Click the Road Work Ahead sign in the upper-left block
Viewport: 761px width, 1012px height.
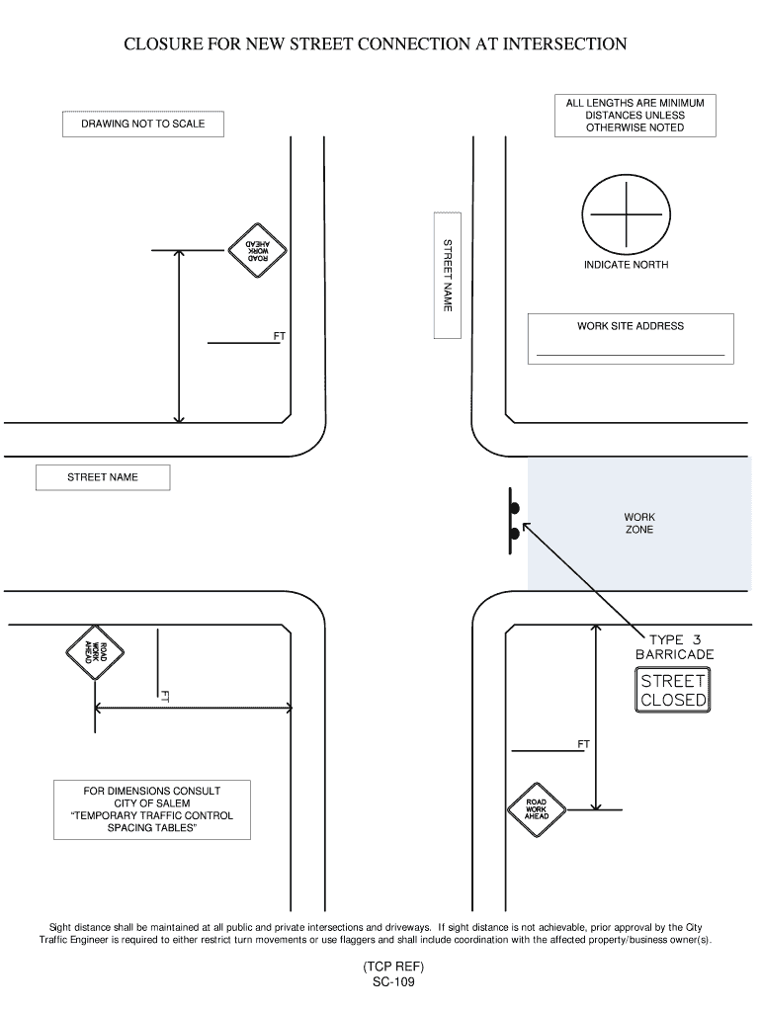(x=257, y=250)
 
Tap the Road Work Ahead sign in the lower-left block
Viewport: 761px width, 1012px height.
(x=95, y=652)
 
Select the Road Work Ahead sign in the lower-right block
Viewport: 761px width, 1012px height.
(x=537, y=809)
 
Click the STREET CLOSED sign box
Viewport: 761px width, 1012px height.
(x=673, y=691)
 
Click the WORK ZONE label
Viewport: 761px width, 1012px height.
(x=639, y=524)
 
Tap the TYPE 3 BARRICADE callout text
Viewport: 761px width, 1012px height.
(x=674, y=646)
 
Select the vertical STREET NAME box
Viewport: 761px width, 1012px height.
(x=448, y=275)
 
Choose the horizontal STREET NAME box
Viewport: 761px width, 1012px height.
(x=103, y=477)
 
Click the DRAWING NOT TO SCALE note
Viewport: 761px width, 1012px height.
(x=142, y=124)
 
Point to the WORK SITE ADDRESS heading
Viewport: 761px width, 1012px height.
(x=631, y=326)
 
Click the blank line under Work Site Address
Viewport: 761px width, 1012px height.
(x=631, y=355)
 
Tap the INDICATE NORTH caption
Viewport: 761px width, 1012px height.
(x=627, y=265)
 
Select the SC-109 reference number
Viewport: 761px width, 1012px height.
(x=393, y=981)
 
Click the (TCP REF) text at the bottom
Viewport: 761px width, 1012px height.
(x=393, y=967)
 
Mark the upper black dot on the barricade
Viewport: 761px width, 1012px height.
(x=515, y=509)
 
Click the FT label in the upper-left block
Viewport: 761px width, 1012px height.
(x=280, y=336)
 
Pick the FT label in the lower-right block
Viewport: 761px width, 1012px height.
(x=583, y=744)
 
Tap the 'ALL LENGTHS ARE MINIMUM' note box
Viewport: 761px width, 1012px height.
(x=635, y=116)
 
